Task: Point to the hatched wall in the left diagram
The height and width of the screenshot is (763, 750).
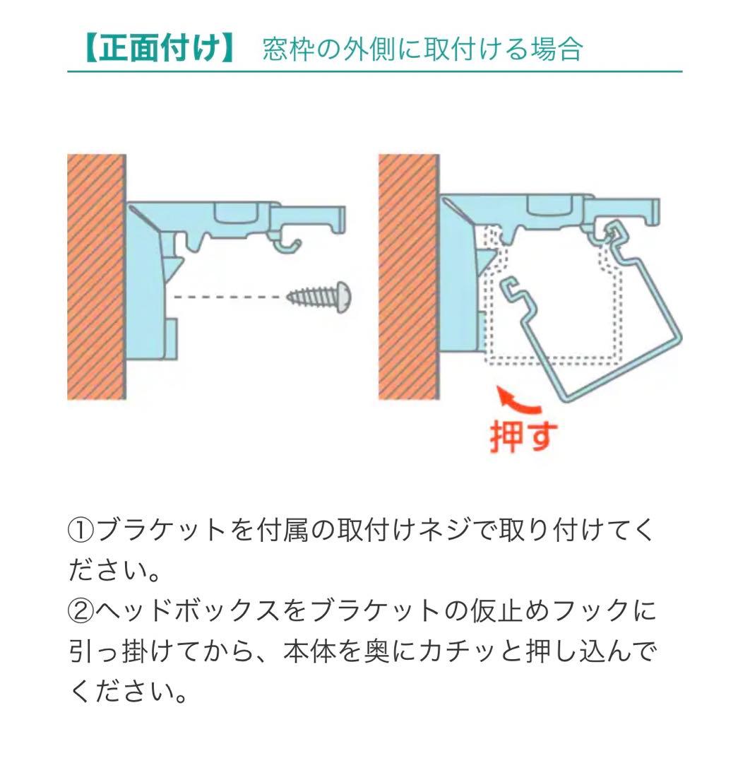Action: [x=96, y=276]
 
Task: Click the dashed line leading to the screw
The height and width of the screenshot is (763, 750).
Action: [x=230, y=297]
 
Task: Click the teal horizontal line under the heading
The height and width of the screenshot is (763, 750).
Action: [x=374, y=72]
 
